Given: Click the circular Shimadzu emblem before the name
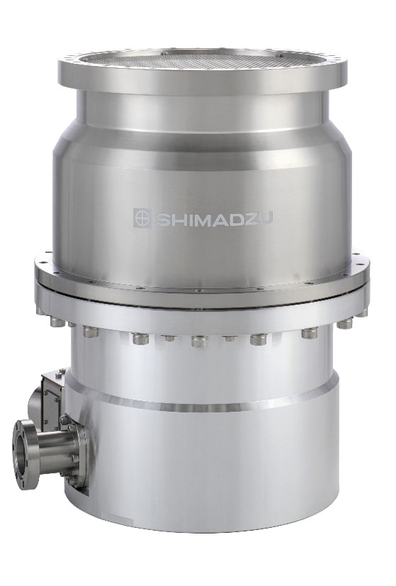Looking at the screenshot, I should point(141,217).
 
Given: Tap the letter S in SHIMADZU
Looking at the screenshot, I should point(160,217).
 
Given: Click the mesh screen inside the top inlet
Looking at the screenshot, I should point(202,58).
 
